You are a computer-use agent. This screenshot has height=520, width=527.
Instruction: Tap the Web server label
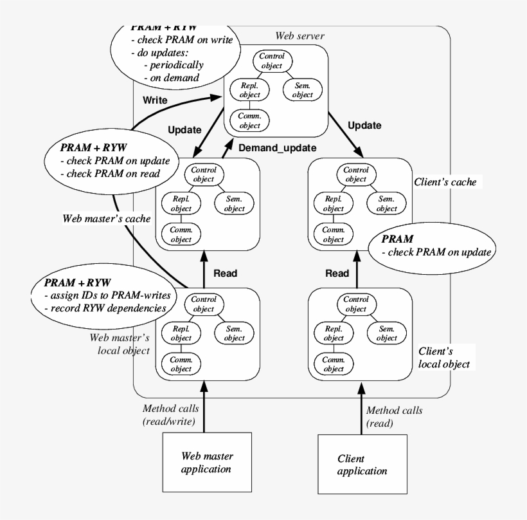(x=299, y=36)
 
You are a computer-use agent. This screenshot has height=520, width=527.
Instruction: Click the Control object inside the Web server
(x=272, y=61)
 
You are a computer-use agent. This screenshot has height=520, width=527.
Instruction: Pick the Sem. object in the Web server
(x=301, y=90)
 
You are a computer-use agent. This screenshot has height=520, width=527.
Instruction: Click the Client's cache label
(x=445, y=182)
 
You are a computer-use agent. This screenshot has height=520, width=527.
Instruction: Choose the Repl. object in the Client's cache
(x=333, y=204)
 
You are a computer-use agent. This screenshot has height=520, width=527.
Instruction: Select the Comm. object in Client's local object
(x=333, y=365)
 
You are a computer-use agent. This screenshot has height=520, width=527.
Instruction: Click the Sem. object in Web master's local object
(x=235, y=333)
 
